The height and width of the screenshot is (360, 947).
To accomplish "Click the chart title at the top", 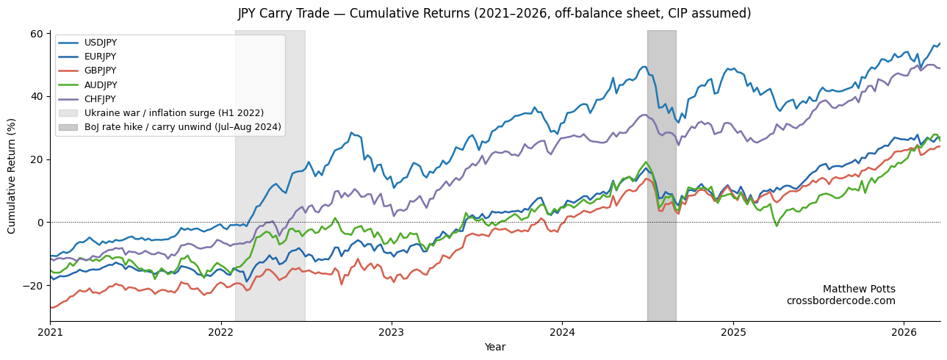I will (494, 14).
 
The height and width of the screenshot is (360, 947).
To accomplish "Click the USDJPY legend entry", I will (101, 43).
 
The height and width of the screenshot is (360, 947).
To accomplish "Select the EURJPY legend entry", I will (101, 57).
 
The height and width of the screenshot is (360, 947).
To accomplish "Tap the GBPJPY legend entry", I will (101, 71).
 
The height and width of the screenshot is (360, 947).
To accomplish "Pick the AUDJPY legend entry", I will (101, 85).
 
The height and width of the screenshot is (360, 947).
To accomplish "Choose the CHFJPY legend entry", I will (101, 99).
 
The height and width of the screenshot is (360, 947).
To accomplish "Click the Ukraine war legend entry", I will (174, 113).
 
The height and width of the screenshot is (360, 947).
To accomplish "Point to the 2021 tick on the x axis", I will (50, 333).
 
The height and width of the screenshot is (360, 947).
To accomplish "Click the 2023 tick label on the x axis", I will (392, 333).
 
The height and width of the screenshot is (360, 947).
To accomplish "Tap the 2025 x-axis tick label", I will (732, 333).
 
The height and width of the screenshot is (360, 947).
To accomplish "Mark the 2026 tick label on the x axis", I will (903, 333).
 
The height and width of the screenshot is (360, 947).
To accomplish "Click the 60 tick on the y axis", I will (36, 34).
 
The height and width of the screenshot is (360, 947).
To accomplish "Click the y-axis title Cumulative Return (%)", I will (12, 176).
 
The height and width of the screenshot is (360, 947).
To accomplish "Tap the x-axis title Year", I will (494, 348).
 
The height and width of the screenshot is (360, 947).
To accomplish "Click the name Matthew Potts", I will (859, 289).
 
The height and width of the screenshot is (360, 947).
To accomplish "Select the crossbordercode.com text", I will (840, 301).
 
